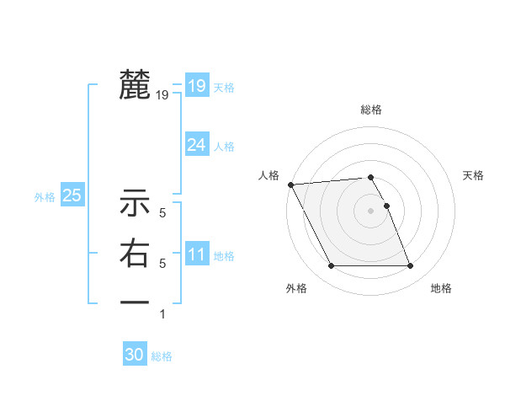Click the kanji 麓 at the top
(135, 85)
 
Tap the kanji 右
(135, 254)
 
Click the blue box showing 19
(197, 85)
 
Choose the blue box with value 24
(197, 145)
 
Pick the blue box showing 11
(197, 254)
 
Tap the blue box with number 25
(72, 195)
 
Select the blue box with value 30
(135, 355)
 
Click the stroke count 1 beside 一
(162, 314)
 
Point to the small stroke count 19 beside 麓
(162, 96)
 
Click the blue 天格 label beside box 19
(224, 88)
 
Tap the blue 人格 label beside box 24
(224, 147)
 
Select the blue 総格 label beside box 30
(162, 356)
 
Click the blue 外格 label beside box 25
(45, 197)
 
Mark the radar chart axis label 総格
(371, 110)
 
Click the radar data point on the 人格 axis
(290, 185)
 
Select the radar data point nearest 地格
(411, 266)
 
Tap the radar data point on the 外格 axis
(331, 266)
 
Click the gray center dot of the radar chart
(371, 211)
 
